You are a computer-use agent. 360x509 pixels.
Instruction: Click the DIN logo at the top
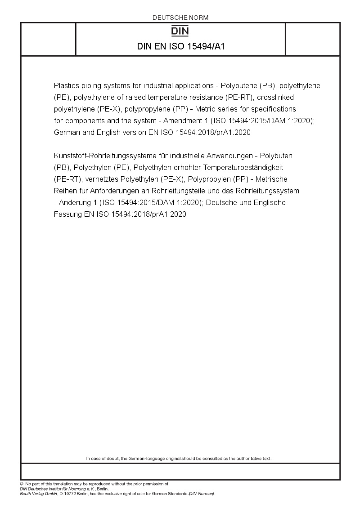click(180, 31)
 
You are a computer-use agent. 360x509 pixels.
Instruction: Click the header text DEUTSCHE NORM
click(180, 18)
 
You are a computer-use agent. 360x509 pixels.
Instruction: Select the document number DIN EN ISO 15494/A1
click(180, 46)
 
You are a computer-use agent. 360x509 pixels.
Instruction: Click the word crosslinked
click(269, 97)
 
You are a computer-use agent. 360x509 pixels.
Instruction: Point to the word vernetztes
click(103, 179)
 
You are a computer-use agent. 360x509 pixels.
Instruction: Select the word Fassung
click(67, 214)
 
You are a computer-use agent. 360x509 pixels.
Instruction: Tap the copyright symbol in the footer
click(22, 484)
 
